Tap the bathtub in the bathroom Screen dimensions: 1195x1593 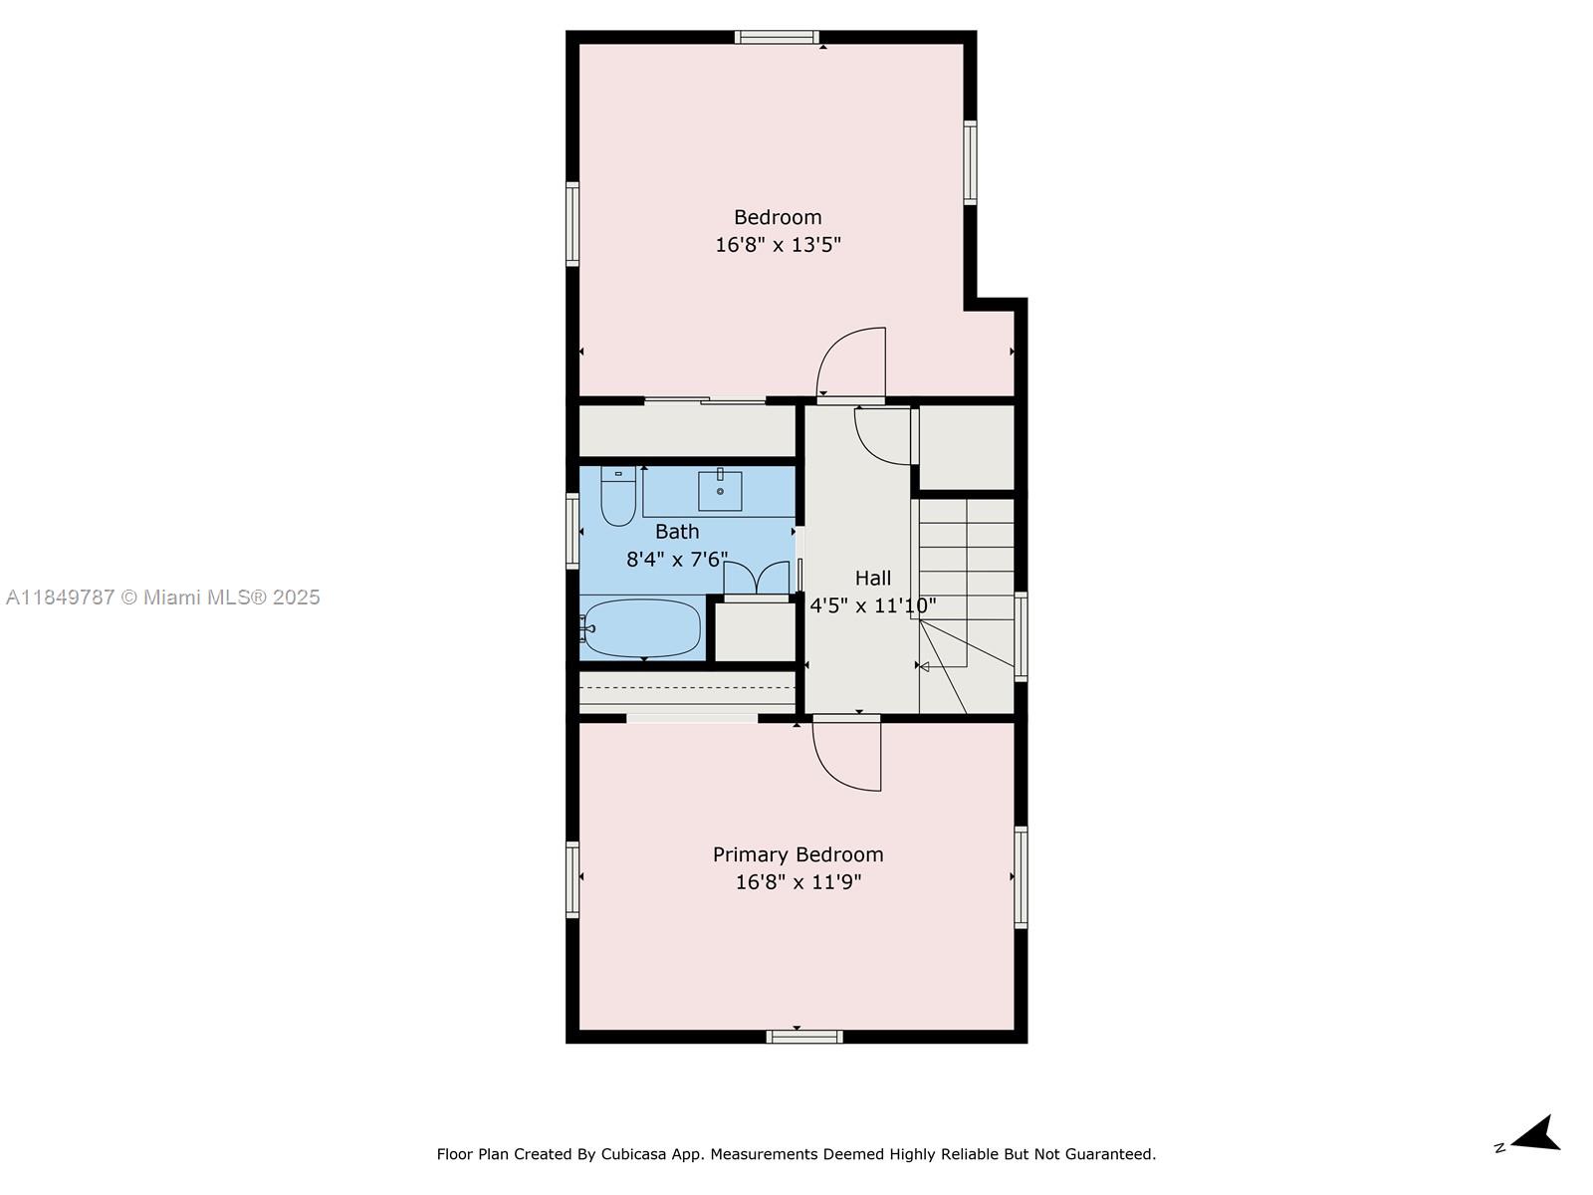click(642, 628)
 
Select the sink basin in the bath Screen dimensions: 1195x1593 click(719, 489)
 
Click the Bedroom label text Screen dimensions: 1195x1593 click(778, 217)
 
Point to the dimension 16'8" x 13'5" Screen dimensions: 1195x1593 click(778, 245)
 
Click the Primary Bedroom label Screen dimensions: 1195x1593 click(797, 854)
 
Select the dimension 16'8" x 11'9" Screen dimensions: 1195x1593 click(797, 882)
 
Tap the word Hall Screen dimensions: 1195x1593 click(873, 578)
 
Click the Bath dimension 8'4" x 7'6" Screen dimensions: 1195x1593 click(677, 560)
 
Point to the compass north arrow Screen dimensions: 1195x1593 click(1537, 1135)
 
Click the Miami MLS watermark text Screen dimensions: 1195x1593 click(163, 597)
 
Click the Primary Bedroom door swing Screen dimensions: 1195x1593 click(847, 755)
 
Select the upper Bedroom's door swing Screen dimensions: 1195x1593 click(851, 363)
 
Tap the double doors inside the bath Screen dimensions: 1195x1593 click(756, 580)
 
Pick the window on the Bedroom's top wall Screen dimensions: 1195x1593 click(778, 38)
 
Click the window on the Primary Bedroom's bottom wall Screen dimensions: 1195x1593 click(804, 1037)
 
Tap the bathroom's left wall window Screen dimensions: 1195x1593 click(572, 532)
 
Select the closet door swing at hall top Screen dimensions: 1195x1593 click(883, 436)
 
